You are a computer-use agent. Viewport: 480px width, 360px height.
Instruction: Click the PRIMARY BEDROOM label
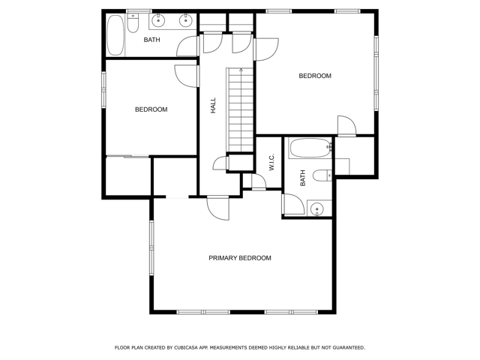tap(240, 258)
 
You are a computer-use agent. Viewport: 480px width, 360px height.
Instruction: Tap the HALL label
tap(213, 105)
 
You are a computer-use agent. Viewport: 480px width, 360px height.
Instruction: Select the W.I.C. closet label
tap(271, 162)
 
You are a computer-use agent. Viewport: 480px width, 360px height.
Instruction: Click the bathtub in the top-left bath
tap(115, 35)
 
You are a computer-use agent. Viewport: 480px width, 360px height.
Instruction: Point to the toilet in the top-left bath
tap(133, 23)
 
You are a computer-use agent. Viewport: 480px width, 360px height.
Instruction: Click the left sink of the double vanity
tap(158, 20)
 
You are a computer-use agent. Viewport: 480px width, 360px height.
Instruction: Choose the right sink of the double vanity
tap(185, 20)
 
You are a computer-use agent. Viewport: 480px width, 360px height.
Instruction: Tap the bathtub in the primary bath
tap(310, 148)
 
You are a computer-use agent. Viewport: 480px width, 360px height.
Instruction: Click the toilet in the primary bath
tap(322, 175)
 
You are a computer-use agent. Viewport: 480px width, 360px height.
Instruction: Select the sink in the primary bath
tap(317, 209)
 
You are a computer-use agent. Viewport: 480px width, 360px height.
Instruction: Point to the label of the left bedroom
tap(151, 109)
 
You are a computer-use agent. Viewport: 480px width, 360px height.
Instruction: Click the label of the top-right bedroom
tap(315, 76)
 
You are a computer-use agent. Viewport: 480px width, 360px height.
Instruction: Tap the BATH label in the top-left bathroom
tap(151, 40)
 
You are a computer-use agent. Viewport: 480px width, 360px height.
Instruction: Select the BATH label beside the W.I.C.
tap(303, 178)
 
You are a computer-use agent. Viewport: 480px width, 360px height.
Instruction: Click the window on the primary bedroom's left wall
tap(151, 248)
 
